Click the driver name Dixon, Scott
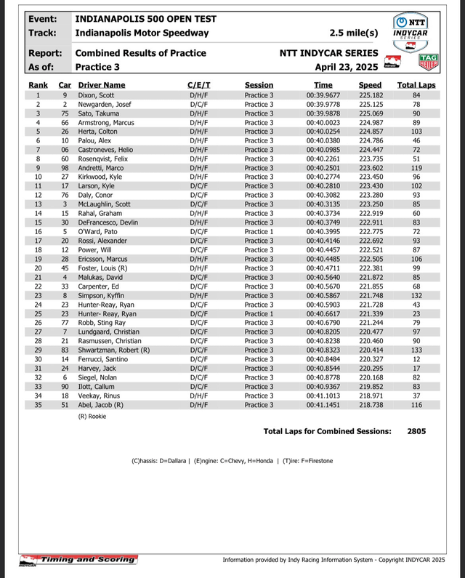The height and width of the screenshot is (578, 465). [x=96, y=95]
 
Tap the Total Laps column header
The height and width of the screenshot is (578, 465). [x=416, y=85]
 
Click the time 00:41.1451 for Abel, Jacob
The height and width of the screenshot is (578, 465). [x=322, y=404]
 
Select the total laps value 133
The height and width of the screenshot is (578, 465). [x=416, y=350]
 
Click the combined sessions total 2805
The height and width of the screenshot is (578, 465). [x=416, y=431]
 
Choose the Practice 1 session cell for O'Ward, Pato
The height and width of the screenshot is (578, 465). [x=259, y=231]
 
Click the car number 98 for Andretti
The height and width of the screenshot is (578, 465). [x=64, y=168]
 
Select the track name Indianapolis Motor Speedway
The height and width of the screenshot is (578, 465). [x=142, y=33]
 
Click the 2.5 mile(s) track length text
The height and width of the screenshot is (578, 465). [x=354, y=33]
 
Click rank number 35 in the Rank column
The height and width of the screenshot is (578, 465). [x=38, y=404]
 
